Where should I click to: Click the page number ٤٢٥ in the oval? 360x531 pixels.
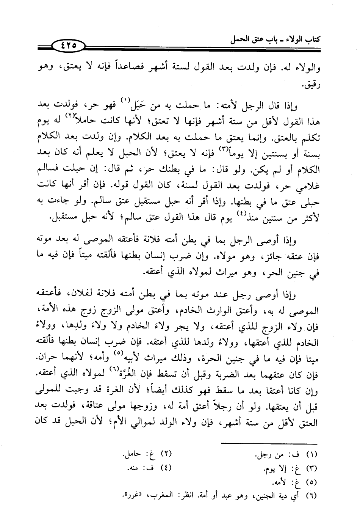68,45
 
